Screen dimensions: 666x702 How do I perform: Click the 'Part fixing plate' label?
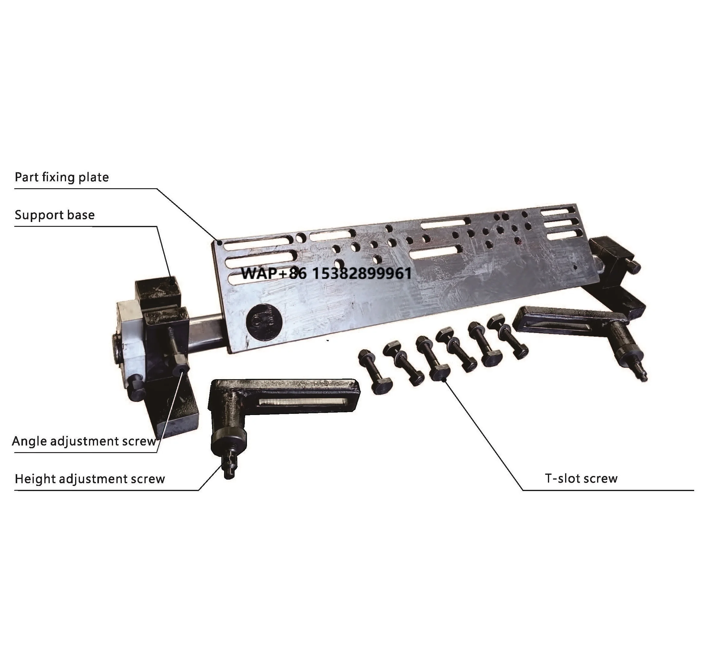point(62,177)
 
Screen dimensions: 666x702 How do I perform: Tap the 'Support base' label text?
point(55,215)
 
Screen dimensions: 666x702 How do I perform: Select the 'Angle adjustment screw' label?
point(84,441)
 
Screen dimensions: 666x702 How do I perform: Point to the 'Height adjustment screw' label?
point(90,479)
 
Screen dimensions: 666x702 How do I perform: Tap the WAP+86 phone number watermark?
point(326,273)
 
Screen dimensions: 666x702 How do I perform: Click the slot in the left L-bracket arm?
point(302,401)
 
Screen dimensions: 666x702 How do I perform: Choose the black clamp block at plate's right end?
point(610,257)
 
